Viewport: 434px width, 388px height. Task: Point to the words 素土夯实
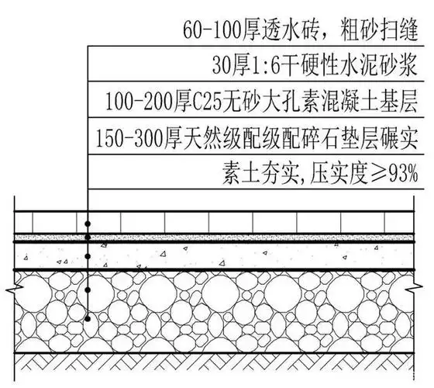270,173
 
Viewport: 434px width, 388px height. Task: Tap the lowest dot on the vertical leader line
88,317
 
